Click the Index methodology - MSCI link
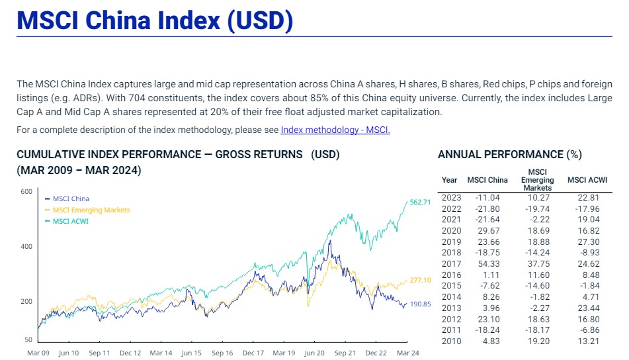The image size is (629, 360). [x=335, y=130]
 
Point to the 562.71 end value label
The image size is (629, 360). [x=420, y=202]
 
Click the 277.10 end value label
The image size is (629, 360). [x=420, y=281]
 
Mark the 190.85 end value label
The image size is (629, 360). [x=420, y=304]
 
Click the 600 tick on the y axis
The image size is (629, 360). [x=26, y=192]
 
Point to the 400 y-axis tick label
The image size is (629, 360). [x=26, y=247]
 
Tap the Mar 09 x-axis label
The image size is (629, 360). [x=38, y=353]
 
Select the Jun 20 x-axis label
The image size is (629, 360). [x=314, y=353]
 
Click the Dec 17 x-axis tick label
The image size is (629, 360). [x=253, y=353]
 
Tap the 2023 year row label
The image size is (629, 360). [x=451, y=198]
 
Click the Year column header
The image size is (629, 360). [x=449, y=180]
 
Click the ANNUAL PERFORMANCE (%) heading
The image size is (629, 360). [x=509, y=155]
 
